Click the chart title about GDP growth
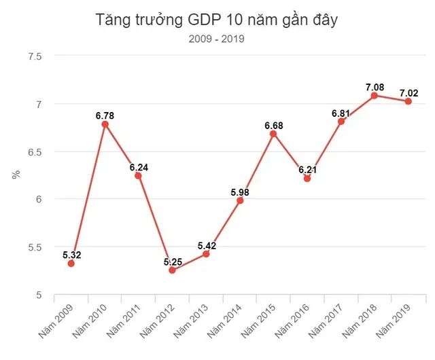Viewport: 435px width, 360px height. tap(217, 20)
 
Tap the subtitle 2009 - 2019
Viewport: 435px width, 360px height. tap(217, 39)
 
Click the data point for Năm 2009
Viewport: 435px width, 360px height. tap(71, 263)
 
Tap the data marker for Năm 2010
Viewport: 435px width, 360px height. tap(105, 124)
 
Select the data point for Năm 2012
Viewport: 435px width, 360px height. tap(172, 270)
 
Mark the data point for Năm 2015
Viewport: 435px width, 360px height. tap(273, 134)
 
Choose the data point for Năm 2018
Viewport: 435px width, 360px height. tap(375, 96)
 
